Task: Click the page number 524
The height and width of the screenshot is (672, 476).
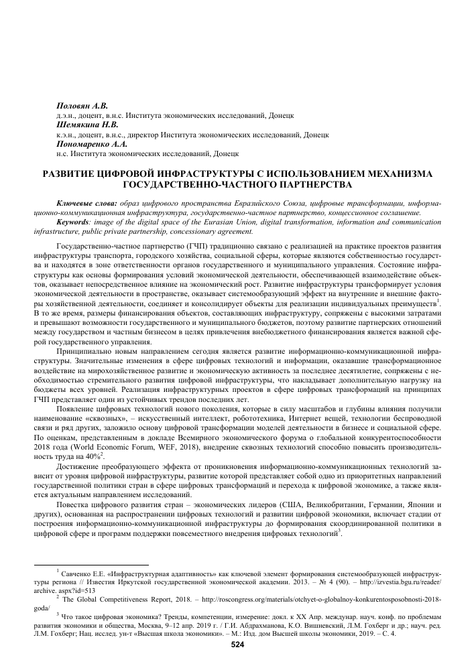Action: [237, 645]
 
